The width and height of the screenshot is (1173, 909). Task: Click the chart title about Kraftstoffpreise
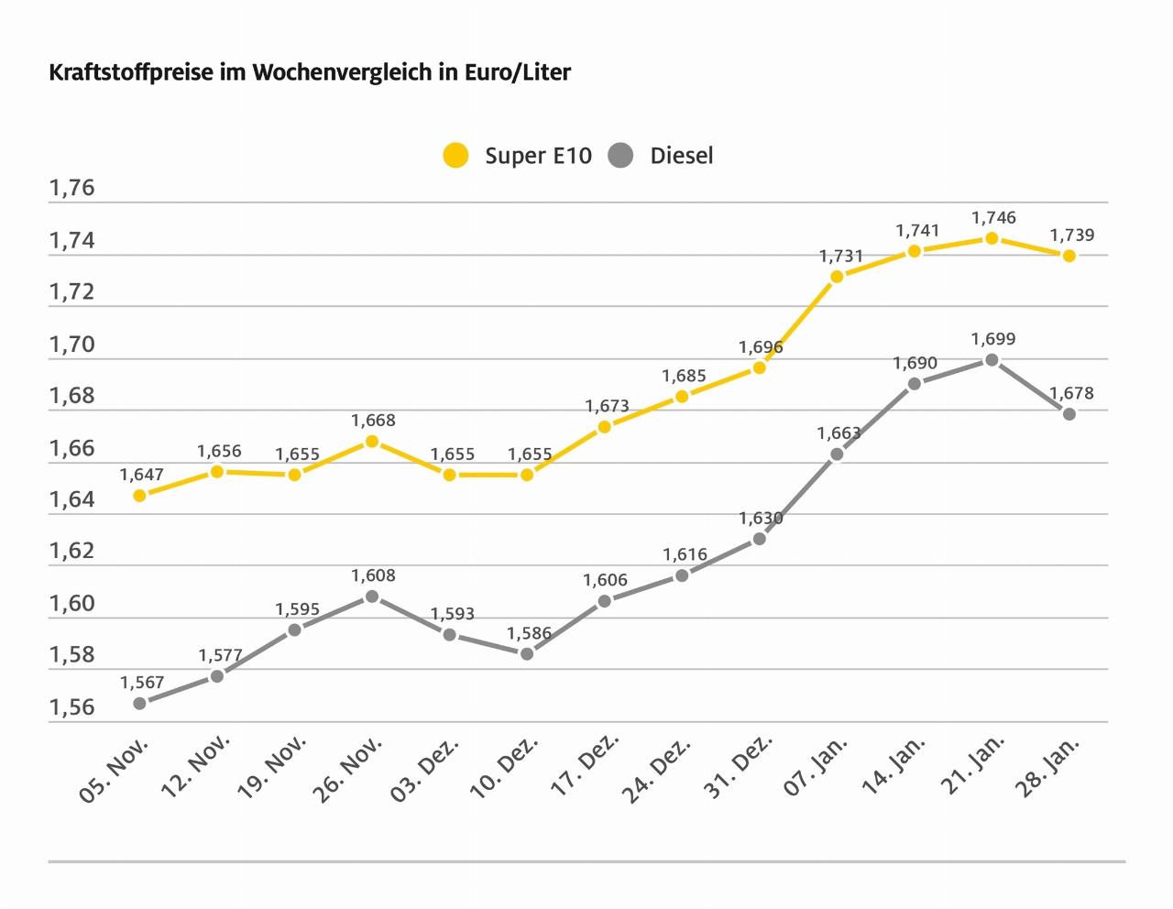(x=310, y=72)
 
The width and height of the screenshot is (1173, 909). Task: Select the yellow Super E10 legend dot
(x=455, y=155)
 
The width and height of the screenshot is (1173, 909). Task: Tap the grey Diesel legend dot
(x=620, y=155)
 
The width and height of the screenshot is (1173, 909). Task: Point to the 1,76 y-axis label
(x=71, y=189)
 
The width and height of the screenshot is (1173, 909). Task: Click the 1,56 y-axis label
(x=71, y=707)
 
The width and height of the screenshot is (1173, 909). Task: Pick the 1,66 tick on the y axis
(x=71, y=448)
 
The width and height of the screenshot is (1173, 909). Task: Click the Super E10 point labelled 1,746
(x=992, y=238)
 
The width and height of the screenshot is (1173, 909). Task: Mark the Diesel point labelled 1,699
(x=992, y=360)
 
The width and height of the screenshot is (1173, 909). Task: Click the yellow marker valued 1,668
(x=372, y=441)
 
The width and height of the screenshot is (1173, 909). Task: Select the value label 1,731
(x=841, y=257)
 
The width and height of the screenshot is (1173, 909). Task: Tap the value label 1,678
(x=1072, y=394)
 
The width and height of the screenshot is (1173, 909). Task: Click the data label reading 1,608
(x=373, y=576)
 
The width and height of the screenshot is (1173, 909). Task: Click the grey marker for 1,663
(x=837, y=454)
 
